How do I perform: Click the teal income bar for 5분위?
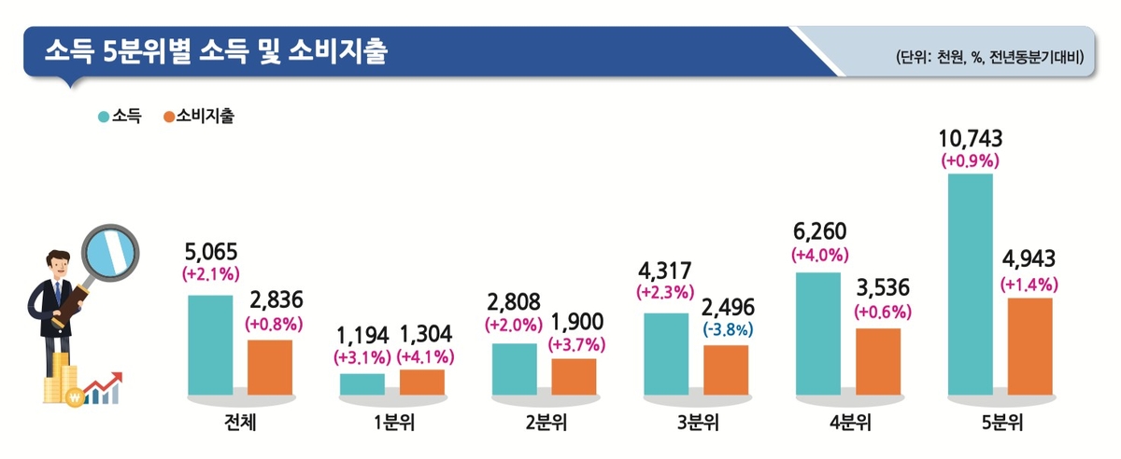pyautogui.click(x=970, y=284)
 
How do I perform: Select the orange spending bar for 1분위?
pyautogui.click(x=422, y=382)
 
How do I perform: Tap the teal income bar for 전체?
pyautogui.click(x=210, y=344)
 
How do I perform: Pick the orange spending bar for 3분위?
pyautogui.click(x=726, y=369)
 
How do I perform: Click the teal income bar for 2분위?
pyautogui.click(x=514, y=369)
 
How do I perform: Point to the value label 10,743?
pyautogui.click(x=971, y=139)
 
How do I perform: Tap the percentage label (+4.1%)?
pyautogui.click(x=426, y=355)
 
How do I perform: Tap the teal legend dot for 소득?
pyautogui.click(x=103, y=118)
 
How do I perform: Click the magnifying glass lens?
pyautogui.click(x=110, y=252)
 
